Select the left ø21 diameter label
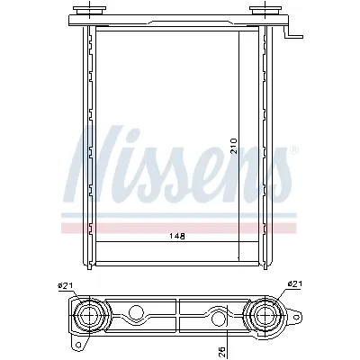coord(65,286)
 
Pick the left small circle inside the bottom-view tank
coord(137,315)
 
